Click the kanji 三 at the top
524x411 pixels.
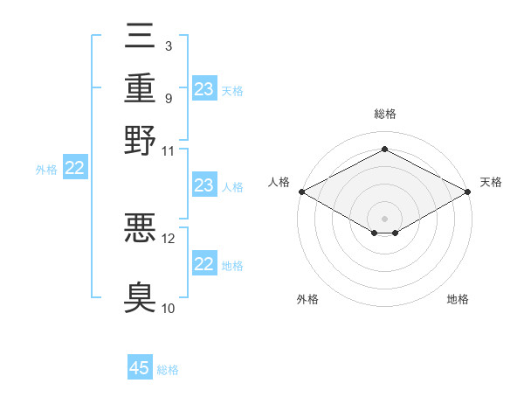click(x=140, y=36)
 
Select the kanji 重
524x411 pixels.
click(x=140, y=88)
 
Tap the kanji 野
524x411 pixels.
click(x=140, y=140)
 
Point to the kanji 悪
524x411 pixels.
click(x=140, y=227)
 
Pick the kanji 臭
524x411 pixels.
click(x=140, y=297)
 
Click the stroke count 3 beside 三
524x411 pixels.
click(x=169, y=46)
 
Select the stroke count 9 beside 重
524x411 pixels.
click(x=169, y=99)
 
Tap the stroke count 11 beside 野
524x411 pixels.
click(x=168, y=151)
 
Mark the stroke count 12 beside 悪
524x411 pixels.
click(x=168, y=239)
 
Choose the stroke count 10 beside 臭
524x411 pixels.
click(x=168, y=308)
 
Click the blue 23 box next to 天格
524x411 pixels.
click(x=204, y=88)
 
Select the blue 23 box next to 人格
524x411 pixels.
click(x=204, y=185)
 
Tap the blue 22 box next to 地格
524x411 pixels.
click(x=204, y=262)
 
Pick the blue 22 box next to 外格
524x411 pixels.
click(x=75, y=167)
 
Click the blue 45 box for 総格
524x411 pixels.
click(x=140, y=366)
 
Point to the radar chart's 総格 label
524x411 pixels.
click(x=385, y=114)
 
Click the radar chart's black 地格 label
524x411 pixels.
click(x=458, y=299)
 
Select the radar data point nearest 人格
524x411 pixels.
click(x=302, y=192)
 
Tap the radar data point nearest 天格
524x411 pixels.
click(x=468, y=192)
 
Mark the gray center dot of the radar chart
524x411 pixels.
click(x=384, y=219)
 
